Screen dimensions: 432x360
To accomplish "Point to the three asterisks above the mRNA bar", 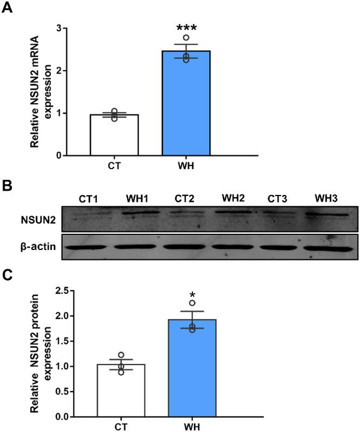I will (186, 27).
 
